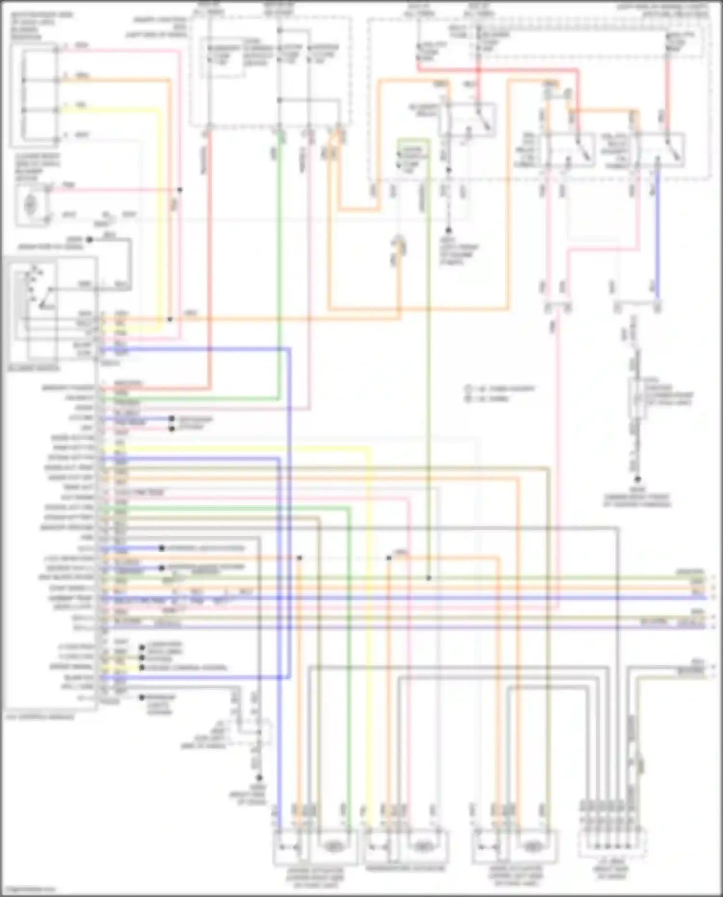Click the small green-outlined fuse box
413,157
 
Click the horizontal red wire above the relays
496,70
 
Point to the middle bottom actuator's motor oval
423,846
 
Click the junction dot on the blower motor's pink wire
180,190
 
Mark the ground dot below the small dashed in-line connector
259,777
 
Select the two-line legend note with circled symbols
499,393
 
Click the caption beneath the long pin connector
40,717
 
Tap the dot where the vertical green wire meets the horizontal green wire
428,577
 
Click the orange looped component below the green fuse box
400,247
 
